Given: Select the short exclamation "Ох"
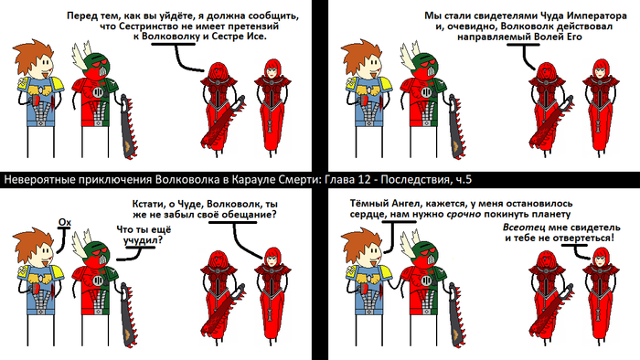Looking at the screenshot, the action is coord(65,222).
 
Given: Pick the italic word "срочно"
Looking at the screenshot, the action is coord(464,215).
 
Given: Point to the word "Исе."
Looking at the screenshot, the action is coord(257,37).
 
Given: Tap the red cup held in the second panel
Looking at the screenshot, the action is coord(363,101).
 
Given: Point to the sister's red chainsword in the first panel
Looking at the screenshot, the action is coord(223,122).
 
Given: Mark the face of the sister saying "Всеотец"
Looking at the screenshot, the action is coord(600,259).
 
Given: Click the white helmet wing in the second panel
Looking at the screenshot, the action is coord(408,54).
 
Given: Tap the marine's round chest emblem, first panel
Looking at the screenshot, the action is coord(97,91).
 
